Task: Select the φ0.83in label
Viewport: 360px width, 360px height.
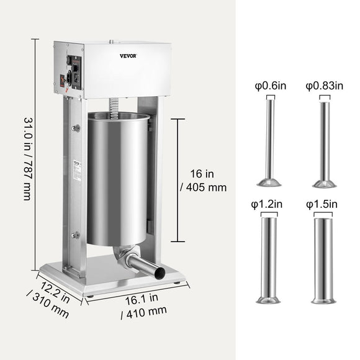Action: pyautogui.click(x=323, y=86)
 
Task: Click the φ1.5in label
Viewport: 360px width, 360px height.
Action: pyautogui.click(x=322, y=204)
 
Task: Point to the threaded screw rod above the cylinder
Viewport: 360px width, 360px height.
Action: pyautogui.click(x=114, y=105)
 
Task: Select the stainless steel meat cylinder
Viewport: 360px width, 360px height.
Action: pyautogui.click(x=118, y=180)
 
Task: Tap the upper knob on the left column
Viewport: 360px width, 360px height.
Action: pyautogui.click(x=76, y=128)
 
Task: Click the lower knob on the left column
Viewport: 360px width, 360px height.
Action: pyautogui.click(x=76, y=235)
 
